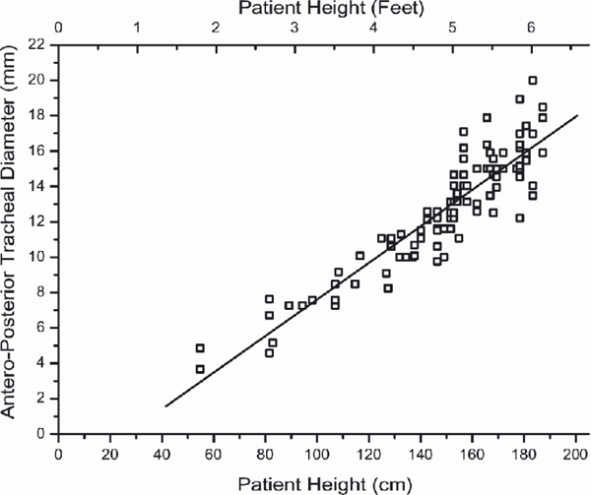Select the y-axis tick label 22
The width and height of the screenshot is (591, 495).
pyautogui.click(x=37, y=44)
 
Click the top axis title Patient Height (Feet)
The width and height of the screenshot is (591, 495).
pyautogui.click(x=318, y=9)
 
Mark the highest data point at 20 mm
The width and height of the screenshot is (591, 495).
pyautogui.click(x=533, y=81)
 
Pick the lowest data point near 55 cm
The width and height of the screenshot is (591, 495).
pyautogui.click(x=200, y=369)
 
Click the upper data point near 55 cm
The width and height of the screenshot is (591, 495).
pyautogui.click(x=200, y=348)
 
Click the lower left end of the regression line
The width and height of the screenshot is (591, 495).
pyautogui.click(x=165, y=405)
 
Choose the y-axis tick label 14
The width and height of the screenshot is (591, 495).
pyautogui.click(x=37, y=186)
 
